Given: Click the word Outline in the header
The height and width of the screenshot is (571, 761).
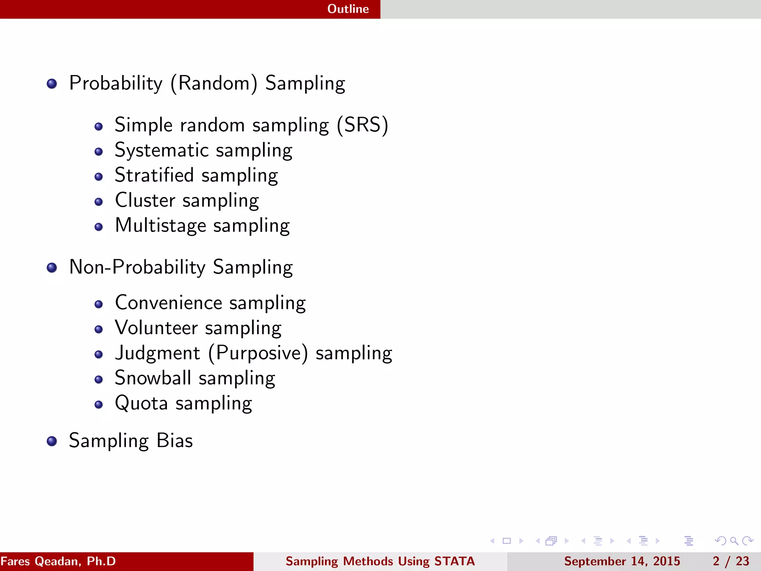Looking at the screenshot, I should coord(348,9).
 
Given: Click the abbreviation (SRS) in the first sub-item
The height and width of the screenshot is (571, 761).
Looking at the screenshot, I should coord(363,125).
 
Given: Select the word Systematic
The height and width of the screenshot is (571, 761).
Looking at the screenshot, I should coord(162,151).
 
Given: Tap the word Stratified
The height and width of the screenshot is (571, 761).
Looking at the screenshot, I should coord(154,175).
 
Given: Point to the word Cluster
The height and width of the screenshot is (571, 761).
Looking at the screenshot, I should coord(145,200).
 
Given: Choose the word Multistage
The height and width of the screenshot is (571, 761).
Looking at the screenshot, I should coord(161,226).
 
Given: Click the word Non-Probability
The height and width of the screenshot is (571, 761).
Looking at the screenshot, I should coord(137,267).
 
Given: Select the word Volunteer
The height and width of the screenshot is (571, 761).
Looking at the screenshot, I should coord(156,328).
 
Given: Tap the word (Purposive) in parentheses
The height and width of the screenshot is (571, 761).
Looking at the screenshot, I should coord(258,353).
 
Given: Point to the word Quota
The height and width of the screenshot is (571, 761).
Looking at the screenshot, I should coord(142,403).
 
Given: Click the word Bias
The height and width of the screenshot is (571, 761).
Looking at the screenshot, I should coord(175,441).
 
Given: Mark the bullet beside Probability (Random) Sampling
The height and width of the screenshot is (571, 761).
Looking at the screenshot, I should coord(52,84).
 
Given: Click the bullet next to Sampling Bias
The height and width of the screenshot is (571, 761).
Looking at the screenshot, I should coord(52,441).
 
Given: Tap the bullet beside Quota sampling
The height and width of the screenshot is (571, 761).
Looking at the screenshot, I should coord(98,404).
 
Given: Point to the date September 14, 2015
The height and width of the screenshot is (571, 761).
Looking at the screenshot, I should coord(622,561).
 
